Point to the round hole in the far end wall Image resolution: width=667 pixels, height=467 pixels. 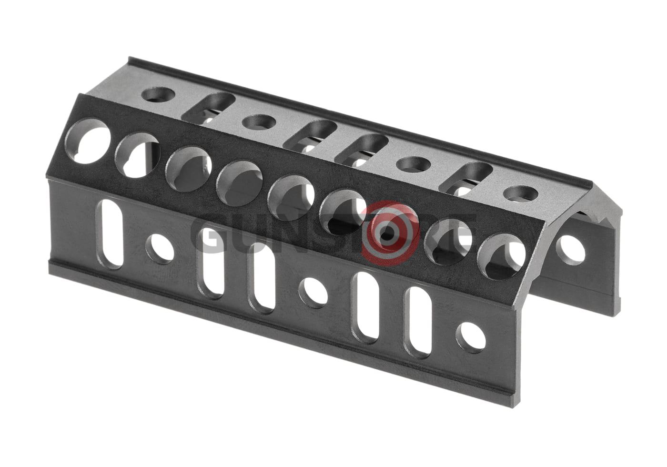tap(571, 249)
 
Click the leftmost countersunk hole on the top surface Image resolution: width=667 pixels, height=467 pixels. tap(158, 95)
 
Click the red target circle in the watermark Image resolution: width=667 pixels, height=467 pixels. tap(390, 232)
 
